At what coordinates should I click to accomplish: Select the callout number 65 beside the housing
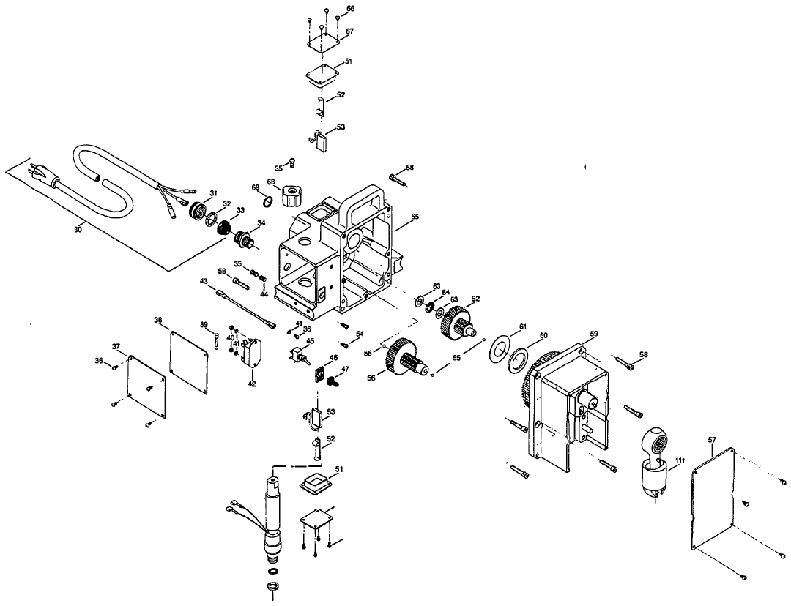tap(415, 217)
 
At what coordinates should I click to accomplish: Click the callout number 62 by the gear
tap(475, 298)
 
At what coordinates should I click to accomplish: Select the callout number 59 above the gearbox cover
tap(594, 334)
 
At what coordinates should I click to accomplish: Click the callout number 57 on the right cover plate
tap(712, 439)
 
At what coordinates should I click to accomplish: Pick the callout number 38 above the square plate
tap(157, 319)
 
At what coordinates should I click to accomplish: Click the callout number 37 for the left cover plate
tap(115, 346)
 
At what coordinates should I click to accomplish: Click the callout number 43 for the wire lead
tap(204, 280)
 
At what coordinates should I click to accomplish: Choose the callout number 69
tap(256, 188)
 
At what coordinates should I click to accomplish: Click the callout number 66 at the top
tap(350, 8)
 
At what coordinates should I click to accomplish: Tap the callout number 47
tap(346, 369)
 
